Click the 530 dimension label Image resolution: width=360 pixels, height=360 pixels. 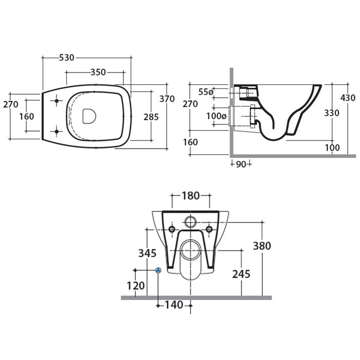[x=66, y=58]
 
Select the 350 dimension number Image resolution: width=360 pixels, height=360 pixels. [x=98, y=72]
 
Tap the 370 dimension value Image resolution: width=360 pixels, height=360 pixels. [x=167, y=99]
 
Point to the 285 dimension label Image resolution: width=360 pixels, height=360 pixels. [x=151, y=117]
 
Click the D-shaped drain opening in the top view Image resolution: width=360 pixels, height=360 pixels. [x=89, y=116]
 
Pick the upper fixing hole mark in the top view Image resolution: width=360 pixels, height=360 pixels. [x=57, y=101]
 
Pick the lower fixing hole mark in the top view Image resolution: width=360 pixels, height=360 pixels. [x=57, y=132]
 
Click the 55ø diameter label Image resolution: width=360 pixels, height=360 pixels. [x=206, y=92]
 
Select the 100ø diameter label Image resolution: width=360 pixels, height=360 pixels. [x=217, y=116]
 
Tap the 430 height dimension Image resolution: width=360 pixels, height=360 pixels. [x=348, y=98]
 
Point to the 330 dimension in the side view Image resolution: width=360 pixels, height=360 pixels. [x=332, y=113]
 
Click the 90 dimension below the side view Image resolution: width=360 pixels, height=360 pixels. [x=241, y=164]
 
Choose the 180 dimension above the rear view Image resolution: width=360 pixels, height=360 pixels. [x=191, y=196]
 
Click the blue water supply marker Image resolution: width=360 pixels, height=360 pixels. [x=158, y=270]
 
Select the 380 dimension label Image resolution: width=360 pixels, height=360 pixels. [x=262, y=246]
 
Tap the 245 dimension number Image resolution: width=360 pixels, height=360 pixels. [x=241, y=274]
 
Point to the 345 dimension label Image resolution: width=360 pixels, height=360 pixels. [x=147, y=253]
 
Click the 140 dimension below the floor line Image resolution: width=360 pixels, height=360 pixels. [x=174, y=305]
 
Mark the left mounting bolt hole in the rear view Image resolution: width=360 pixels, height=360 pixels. [x=172, y=229]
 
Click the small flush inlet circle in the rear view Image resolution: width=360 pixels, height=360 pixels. [x=191, y=222]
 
